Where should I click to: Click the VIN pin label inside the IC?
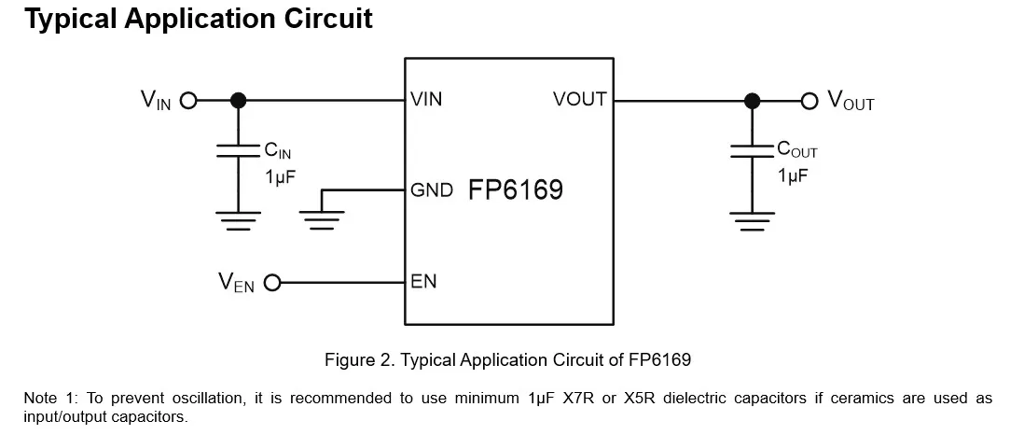click(x=426, y=100)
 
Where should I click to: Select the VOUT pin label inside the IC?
click(x=579, y=100)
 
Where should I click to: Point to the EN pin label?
click(x=423, y=281)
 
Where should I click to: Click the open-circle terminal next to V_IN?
click(x=187, y=100)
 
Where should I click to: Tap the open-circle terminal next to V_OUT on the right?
click(x=809, y=100)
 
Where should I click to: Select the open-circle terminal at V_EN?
click(x=272, y=282)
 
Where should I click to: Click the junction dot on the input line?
click(x=238, y=100)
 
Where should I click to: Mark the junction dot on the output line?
click(x=751, y=100)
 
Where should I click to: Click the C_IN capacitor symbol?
click(x=238, y=150)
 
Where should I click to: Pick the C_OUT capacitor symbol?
click(x=751, y=150)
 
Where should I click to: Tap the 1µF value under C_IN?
click(x=280, y=175)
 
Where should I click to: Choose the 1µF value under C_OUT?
click(x=793, y=175)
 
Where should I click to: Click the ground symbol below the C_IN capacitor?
click(x=238, y=219)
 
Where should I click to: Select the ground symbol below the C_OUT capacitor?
click(x=751, y=219)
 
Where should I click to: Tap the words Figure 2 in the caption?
click(x=358, y=358)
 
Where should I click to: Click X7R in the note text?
click(x=576, y=399)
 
